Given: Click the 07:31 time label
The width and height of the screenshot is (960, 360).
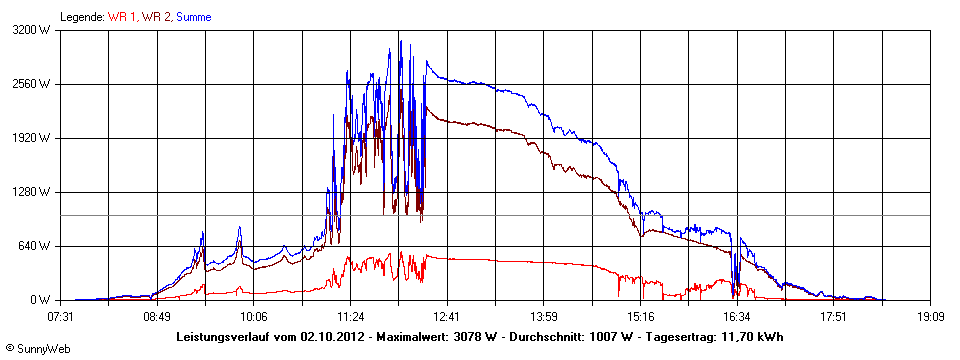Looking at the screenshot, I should (61, 316).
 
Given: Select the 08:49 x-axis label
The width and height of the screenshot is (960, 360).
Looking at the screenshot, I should (157, 316).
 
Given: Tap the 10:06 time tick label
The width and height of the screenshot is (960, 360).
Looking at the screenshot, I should (254, 316).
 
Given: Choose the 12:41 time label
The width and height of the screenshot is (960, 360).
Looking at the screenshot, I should (447, 316).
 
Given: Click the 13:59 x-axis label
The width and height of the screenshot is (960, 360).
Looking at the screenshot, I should (544, 316).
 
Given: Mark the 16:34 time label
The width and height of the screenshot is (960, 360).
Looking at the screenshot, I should (737, 316).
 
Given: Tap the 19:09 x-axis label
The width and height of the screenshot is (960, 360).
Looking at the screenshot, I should (930, 316).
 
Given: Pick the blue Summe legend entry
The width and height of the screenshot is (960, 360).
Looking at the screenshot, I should (193, 17).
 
